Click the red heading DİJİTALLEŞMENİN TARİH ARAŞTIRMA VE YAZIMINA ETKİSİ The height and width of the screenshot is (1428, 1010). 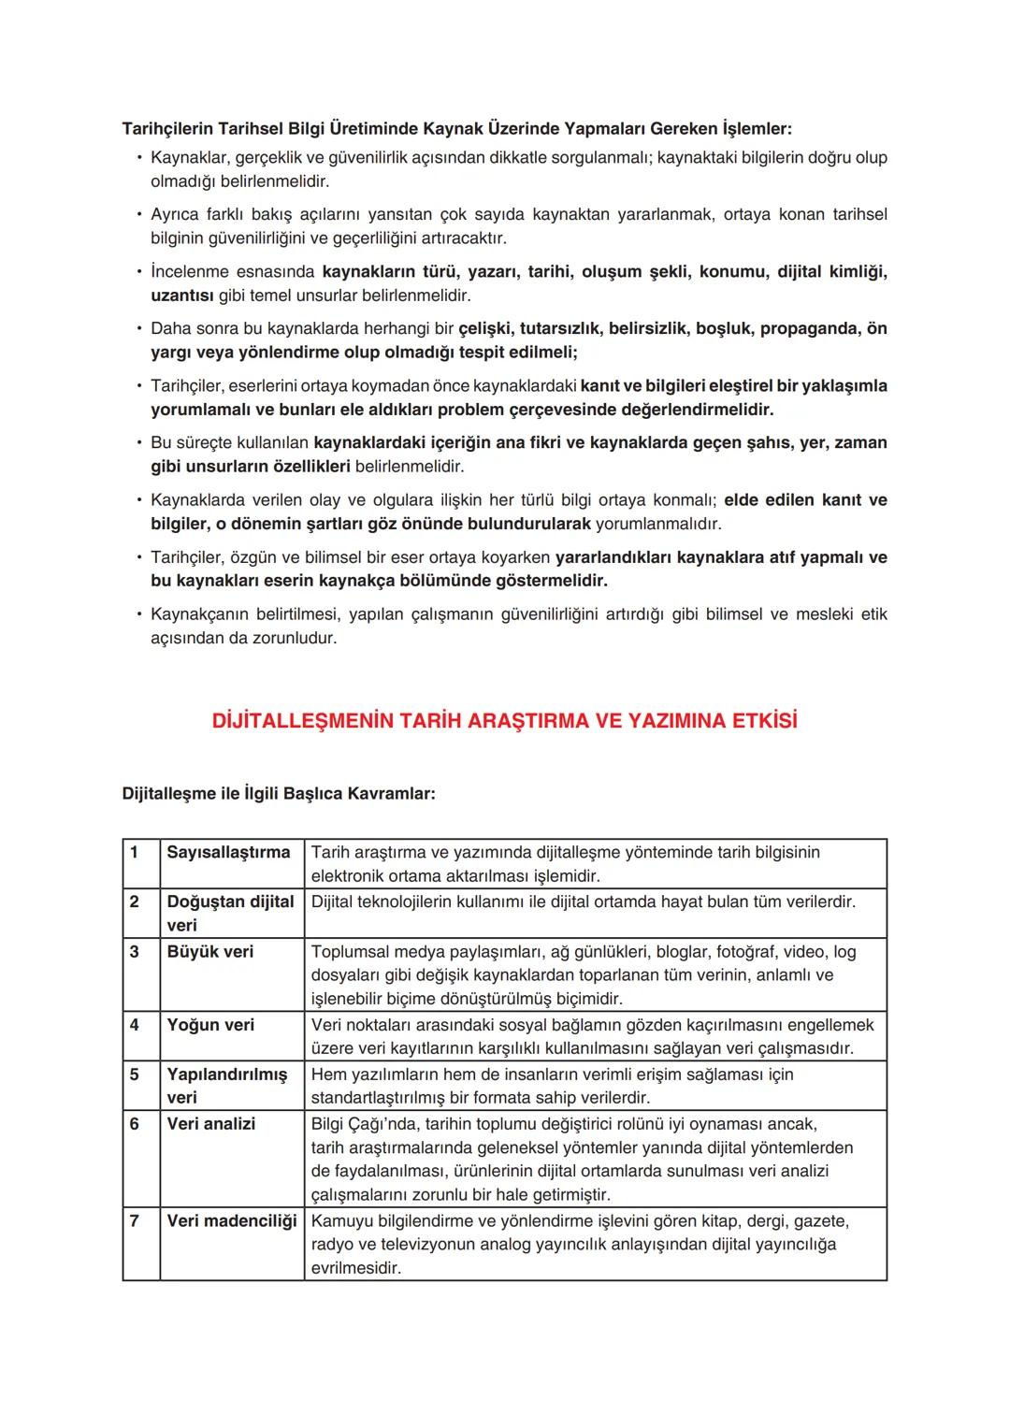pos(505,721)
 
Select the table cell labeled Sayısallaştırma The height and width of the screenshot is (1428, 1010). pos(228,852)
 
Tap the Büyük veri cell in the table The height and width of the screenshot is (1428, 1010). pos(209,951)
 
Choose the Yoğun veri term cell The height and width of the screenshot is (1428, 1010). pos(210,1025)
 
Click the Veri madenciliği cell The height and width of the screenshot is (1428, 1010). pos(231,1220)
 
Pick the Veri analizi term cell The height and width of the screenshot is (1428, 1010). pos(210,1123)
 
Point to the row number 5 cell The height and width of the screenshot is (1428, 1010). pos(135,1075)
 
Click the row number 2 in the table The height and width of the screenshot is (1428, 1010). pos(135,902)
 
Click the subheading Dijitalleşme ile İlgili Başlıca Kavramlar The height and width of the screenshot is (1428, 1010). pos(279,794)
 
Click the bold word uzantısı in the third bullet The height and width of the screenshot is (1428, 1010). pos(182,296)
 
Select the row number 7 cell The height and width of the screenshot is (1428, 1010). pos(135,1220)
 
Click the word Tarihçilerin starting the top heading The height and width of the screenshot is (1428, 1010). pos(168,128)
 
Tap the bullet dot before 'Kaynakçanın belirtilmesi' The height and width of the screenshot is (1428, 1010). pos(138,614)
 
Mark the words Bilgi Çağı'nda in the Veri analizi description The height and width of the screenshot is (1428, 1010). pos(363,1123)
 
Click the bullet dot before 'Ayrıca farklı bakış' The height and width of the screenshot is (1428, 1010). pos(138,214)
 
